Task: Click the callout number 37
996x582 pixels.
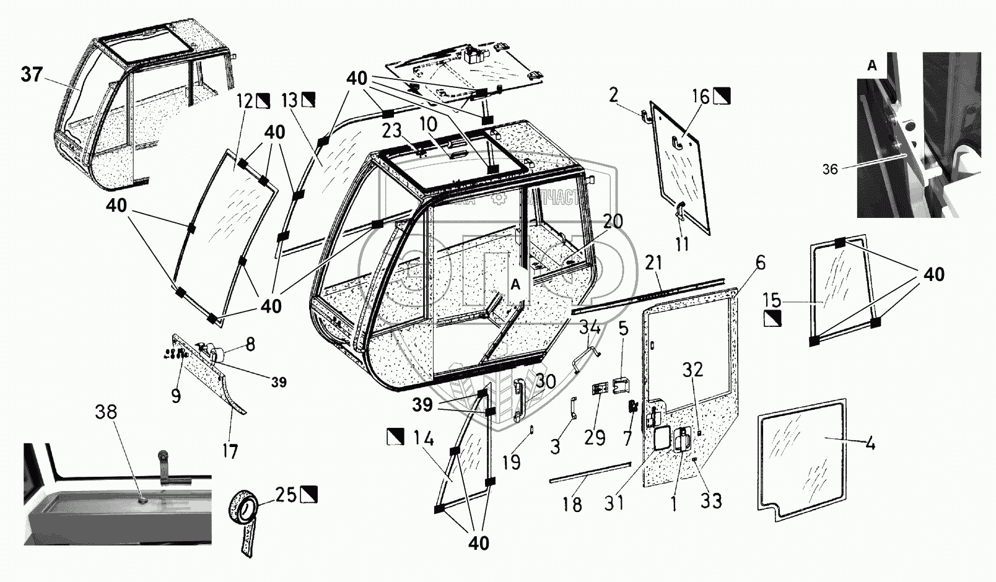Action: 32,75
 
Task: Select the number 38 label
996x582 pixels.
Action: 107,412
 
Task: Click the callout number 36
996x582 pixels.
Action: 830,168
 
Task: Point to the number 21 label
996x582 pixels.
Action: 653,264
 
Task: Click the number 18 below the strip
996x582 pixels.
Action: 572,505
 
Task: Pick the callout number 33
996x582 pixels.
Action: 711,500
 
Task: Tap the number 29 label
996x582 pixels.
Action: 594,438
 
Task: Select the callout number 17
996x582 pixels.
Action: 230,451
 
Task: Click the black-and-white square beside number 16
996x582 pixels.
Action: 722,96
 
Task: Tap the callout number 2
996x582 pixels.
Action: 614,95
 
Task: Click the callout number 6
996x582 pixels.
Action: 760,263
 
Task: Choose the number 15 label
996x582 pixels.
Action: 772,302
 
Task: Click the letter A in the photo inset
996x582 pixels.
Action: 872,66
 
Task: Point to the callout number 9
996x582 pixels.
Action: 176,395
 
